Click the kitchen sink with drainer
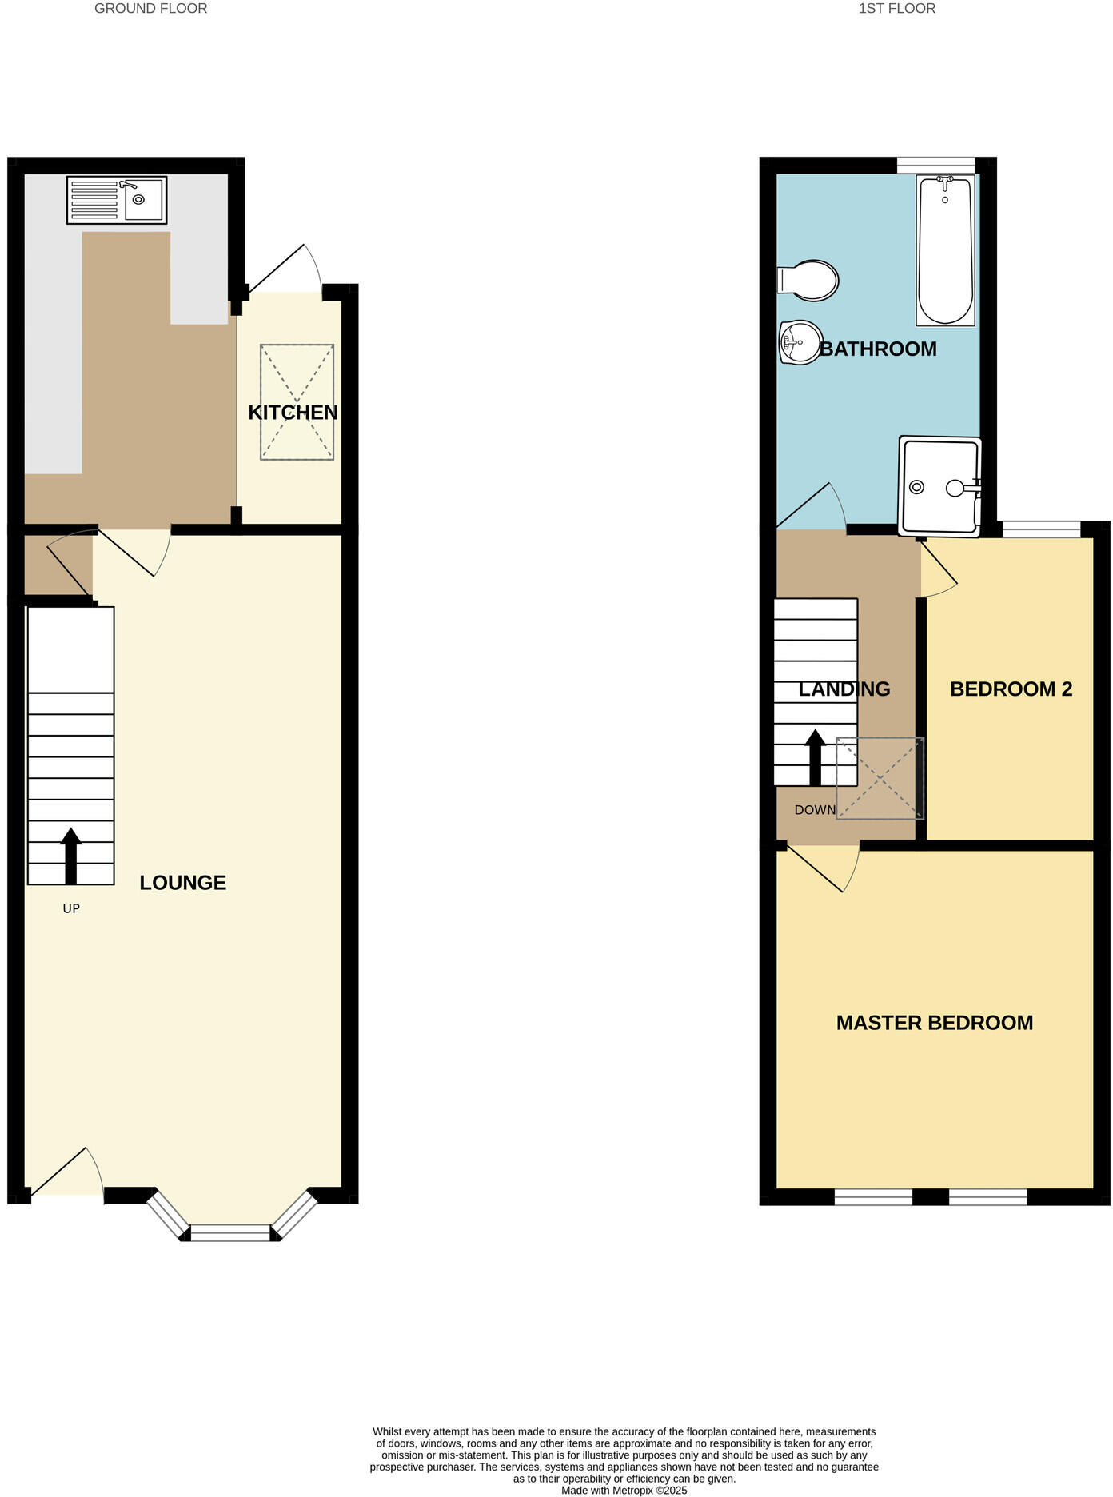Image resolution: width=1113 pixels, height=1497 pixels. click(117, 200)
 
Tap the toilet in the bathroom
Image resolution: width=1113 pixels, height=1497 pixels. click(809, 281)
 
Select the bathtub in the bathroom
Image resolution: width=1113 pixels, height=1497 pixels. click(946, 250)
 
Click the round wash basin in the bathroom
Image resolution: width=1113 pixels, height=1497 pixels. click(800, 342)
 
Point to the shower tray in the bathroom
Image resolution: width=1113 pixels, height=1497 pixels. click(939, 485)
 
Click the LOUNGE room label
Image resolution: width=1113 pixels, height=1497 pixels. click(182, 883)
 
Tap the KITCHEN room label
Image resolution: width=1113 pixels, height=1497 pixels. click(293, 413)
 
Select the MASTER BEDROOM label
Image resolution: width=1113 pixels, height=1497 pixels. click(935, 1023)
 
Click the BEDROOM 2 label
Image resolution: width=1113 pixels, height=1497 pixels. click(1011, 689)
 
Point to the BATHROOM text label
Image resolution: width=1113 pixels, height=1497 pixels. click(878, 349)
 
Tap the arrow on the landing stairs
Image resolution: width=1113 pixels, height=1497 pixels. click(815, 756)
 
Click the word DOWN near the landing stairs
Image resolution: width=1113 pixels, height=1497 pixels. click(815, 810)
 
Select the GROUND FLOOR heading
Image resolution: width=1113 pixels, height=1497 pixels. click(150, 9)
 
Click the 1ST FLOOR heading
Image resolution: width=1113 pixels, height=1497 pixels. click(896, 9)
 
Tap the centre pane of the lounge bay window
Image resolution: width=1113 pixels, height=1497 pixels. click(231, 1234)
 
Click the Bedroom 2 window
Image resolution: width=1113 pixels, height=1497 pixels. click(1041, 529)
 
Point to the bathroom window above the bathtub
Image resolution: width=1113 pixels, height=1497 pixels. click(937, 165)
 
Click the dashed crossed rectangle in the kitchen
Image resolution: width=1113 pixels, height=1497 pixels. click(297, 402)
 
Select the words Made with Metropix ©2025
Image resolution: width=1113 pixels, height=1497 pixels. click(624, 1490)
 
